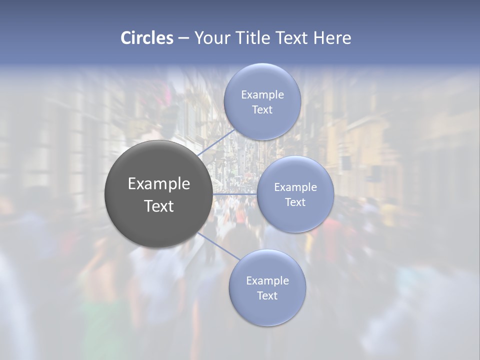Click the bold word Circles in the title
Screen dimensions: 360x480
(147, 38)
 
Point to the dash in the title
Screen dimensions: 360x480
(183, 38)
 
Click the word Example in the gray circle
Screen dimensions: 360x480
(159, 184)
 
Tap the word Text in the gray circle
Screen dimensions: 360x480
(159, 206)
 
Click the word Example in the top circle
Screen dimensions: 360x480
(262, 95)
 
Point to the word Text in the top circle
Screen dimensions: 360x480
(262, 110)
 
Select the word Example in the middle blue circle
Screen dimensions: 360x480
(295, 187)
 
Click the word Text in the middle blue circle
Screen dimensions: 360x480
(295, 202)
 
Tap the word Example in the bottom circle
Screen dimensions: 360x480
(267, 281)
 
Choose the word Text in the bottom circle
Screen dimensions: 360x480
(267, 296)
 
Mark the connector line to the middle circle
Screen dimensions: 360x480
(235, 193)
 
